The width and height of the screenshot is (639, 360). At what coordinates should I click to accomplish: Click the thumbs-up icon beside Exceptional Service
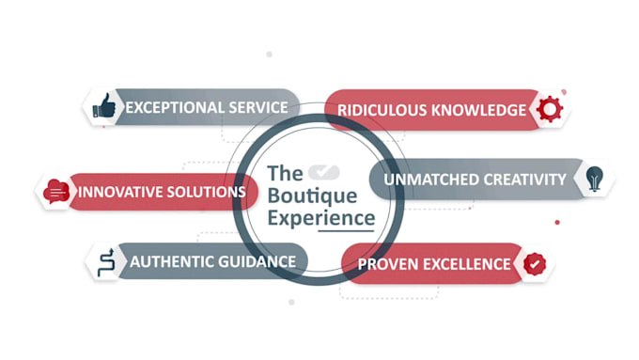(x=104, y=106)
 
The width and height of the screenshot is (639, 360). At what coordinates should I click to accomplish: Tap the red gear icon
(x=550, y=109)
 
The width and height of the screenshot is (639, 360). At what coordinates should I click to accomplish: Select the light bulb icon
(x=595, y=179)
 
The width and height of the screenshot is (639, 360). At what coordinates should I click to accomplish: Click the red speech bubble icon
(x=56, y=191)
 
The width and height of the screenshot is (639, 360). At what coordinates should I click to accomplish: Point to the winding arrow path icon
(x=106, y=262)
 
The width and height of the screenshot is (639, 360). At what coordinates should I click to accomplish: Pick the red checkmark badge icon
(x=535, y=264)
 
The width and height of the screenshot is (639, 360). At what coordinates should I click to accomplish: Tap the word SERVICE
(x=258, y=108)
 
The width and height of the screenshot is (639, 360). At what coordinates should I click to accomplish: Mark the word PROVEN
(x=387, y=264)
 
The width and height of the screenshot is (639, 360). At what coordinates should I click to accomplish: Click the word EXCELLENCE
(x=467, y=264)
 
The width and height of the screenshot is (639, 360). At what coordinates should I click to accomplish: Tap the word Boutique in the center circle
(x=312, y=196)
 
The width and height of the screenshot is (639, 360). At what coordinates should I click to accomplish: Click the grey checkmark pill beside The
(x=324, y=172)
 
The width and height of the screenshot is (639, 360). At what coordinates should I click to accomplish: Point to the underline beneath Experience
(x=346, y=231)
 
